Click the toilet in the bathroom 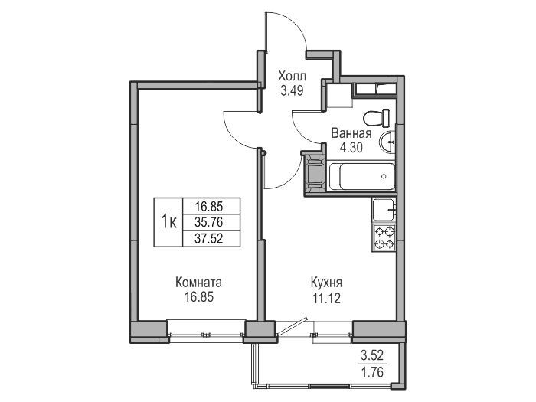377,118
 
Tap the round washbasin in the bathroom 387,141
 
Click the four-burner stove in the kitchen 384,237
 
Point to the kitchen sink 384,210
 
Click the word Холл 292,76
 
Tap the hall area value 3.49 292,91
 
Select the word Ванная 351,133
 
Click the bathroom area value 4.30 351,148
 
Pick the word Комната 198,283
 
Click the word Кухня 326,283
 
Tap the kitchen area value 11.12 326,299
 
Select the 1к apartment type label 168,222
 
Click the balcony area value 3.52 372,355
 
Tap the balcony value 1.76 372,371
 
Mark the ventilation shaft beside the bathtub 315,175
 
